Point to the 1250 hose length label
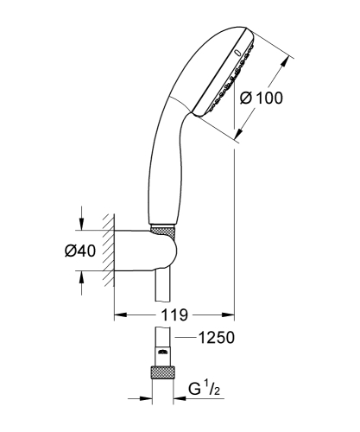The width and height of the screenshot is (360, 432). coord(217,339)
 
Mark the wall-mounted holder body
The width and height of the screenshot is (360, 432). coord(142,251)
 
